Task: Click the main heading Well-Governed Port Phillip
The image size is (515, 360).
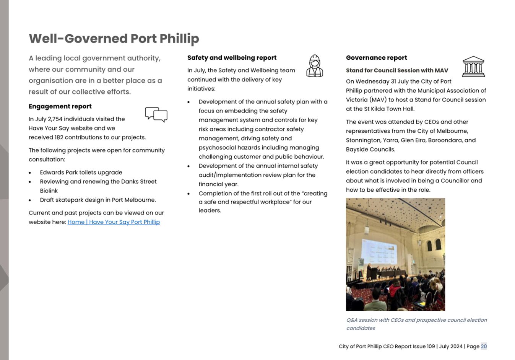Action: tap(114, 39)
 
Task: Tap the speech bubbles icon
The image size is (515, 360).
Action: tap(156, 114)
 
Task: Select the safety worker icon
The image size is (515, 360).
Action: tap(315, 66)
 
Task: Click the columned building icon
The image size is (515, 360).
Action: tap(473, 67)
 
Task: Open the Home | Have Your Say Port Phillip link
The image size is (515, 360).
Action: tap(114, 222)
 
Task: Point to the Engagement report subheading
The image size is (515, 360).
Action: tap(60, 106)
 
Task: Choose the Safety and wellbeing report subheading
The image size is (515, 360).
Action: tap(232, 58)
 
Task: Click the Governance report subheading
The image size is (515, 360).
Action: tap(376, 58)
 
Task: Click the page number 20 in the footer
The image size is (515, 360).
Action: tap(484, 346)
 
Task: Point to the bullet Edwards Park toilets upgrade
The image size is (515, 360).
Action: tap(81, 173)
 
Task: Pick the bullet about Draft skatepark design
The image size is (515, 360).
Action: tap(98, 200)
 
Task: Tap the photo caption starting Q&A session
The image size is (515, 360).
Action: tap(416, 324)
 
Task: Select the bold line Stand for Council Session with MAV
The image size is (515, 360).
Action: tap(397, 70)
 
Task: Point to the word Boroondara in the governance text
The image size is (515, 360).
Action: tap(444, 140)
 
